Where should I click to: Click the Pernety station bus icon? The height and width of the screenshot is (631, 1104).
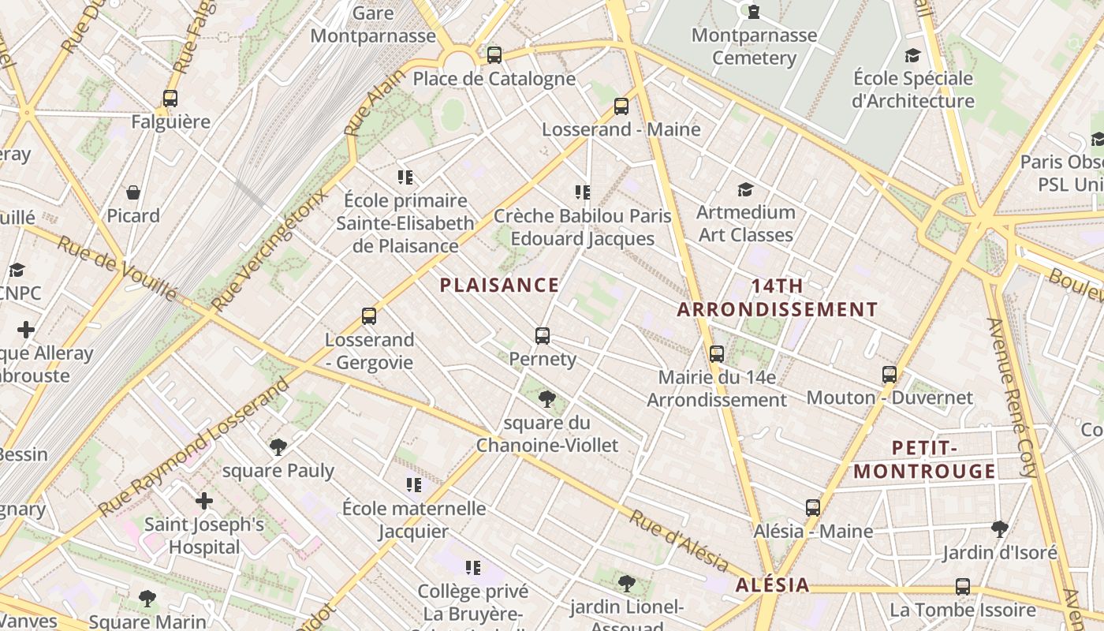click(x=542, y=336)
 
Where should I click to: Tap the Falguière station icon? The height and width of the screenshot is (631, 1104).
click(x=170, y=99)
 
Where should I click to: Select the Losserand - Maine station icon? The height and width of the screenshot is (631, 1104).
click(x=621, y=106)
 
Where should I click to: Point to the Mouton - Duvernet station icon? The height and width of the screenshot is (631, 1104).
click(x=890, y=375)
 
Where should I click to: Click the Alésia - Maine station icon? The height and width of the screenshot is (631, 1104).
click(x=813, y=508)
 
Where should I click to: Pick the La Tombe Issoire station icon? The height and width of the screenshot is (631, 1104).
click(x=963, y=587)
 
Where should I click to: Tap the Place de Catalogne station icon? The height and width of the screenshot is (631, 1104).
click(x=494, y=55)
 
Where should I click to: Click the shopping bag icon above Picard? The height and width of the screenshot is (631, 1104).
click(x=133, y=192)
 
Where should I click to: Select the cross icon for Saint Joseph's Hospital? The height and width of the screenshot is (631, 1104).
click(x=204, y=501)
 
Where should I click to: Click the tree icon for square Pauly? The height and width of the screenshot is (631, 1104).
click(x=278, y=447)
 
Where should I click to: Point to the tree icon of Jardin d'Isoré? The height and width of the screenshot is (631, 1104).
click(x=1000, y=528)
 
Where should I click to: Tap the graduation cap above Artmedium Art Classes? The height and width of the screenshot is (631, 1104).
click(x=745, y=189)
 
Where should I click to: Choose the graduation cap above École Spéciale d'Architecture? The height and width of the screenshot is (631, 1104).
click(x=912, y=55)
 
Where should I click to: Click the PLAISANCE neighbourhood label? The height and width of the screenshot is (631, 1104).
click(x=499, y=286)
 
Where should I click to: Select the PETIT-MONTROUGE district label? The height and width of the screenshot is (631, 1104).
click(x=925, y=460)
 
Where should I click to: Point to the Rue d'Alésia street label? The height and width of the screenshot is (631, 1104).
click(x=678, y=541)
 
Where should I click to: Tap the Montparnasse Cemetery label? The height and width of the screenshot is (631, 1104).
click(x=754, y=47)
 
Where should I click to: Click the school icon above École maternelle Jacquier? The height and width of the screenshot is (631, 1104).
click(x=414, y=484)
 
